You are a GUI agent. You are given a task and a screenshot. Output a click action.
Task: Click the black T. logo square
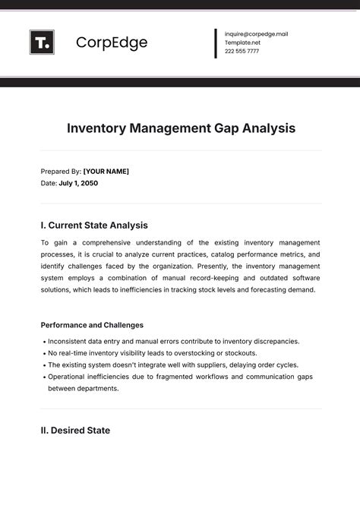pyautogui.click(x=42, y=43)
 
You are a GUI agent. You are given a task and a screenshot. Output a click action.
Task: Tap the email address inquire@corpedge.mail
pyautogui.click(x=256, y=34)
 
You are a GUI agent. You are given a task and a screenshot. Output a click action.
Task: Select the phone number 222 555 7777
pyautogui.click(x=242, y=52)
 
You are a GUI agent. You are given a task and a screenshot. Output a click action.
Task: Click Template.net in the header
pyautogui.click(x=242, y=43)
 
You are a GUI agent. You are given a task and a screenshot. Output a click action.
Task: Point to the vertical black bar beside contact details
pyautogui.click(x=216, y=43)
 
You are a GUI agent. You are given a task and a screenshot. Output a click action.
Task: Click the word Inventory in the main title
pyautogui.click(x=99, y=128)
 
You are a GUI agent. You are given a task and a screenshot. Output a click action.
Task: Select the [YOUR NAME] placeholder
pyautogui.click(x=106, y=172)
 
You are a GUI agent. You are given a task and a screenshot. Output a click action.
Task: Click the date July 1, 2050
pyautogui.click(x=78, y=183)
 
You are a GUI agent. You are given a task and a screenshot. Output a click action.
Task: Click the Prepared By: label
pyautogui.click(x=60, y=172)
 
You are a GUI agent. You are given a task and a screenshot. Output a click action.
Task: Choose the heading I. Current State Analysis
pyautogui.click(x=94, y=226)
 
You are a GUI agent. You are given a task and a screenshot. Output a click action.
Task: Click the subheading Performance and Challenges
pyautogui.click(x=92, y=325)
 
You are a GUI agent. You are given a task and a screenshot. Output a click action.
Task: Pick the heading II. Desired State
pyautogui.click(x=75, y=431)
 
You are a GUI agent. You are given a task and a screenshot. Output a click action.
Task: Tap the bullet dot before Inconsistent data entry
pyautogui.click(x=44, y=342)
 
